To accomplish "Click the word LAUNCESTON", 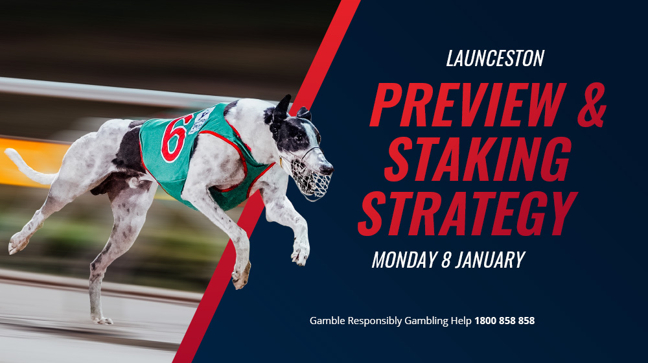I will pyautogui.click(x=494, y=59).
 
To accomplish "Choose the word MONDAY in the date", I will pyautogui.click(x=402, y=260).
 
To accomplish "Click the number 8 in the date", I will pyautogui.click(x=445, y=260).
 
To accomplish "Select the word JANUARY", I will pyautogui.click(x=490, y=260).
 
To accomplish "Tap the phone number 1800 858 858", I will pyautogui.click(x=504, y=320).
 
